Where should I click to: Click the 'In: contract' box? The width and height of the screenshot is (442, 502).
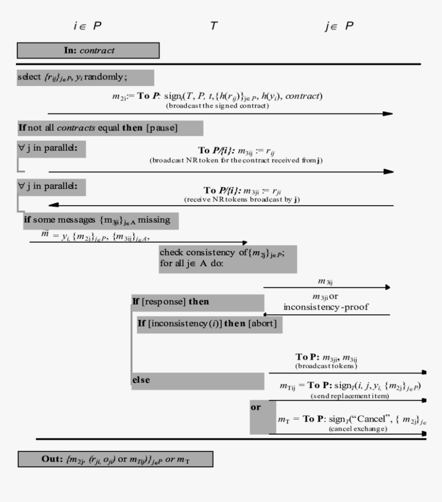(x=88, y=50)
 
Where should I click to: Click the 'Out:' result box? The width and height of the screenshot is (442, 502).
(x=115, y=459)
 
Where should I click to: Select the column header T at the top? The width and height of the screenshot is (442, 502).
(x=214, y=26)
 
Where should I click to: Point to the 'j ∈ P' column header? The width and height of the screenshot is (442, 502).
(x=339, y=26)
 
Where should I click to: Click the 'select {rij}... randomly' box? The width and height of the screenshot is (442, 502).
(x=85, y=77)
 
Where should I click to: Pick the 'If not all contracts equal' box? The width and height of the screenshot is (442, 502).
(x=110, y=128)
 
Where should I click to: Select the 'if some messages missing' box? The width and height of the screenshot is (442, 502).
(x=101, y=221)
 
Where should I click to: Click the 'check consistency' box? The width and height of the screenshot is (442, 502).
(x=228, y=259)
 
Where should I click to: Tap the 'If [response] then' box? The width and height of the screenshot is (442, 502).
(x=197, y=302)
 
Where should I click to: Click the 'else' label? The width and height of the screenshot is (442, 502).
(x=141, y=380)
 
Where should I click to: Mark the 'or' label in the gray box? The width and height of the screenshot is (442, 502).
(x=255, y=407)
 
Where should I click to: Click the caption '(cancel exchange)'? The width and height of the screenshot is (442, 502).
(x=358, y=428)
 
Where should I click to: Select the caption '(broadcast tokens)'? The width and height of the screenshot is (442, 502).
(x=326, y=366)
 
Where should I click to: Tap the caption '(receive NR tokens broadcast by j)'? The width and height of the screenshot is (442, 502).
(x=242, y=199)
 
